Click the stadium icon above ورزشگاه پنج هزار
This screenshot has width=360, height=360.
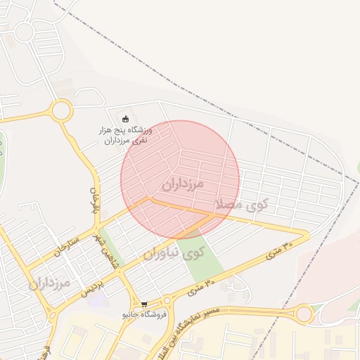pos(126,118)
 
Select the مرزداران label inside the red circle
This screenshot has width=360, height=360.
pos(182,185)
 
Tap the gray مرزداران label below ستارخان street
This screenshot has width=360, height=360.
pos(50,284)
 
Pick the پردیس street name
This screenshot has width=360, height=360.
pos(93,288)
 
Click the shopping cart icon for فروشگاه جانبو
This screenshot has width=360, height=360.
pos(144,305)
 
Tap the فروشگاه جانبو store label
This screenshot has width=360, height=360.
pos(144,314)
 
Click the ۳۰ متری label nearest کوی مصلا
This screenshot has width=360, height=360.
pos(279,252)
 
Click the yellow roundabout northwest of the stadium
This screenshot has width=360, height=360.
pos(61,110)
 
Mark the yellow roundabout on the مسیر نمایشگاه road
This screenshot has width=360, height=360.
pos(304,314)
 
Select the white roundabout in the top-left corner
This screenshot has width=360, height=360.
pos(24,32)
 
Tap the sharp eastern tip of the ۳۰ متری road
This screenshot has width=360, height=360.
pos(307,233)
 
